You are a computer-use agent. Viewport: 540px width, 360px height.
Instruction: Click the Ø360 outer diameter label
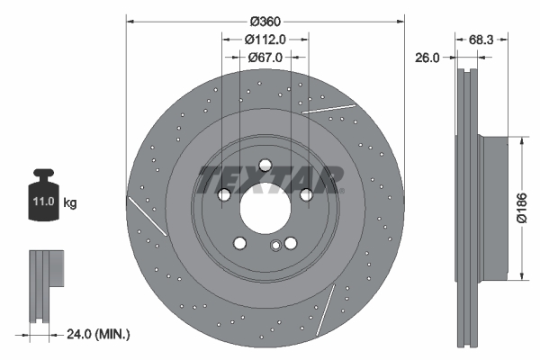click(x=265, y=21)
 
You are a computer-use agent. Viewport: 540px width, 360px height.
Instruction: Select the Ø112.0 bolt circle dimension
click(x=265, y=39)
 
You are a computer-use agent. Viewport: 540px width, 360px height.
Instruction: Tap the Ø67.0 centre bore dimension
click(x=265, y=57)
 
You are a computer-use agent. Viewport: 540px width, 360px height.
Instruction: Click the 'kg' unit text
click(x=70, y=203)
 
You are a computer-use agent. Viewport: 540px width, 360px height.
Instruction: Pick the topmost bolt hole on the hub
click(x=265, y=166)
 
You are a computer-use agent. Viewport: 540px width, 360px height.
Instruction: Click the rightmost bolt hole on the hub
click(x=306, y=194)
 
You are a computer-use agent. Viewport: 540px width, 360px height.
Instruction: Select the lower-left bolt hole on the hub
click(x=239, y=243)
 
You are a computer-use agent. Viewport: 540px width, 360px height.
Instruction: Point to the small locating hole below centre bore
click(x=274, y=246)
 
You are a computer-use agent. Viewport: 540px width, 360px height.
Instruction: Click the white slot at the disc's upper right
click(x=328, y=108)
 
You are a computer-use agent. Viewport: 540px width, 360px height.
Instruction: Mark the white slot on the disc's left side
click(x=147, y=216)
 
